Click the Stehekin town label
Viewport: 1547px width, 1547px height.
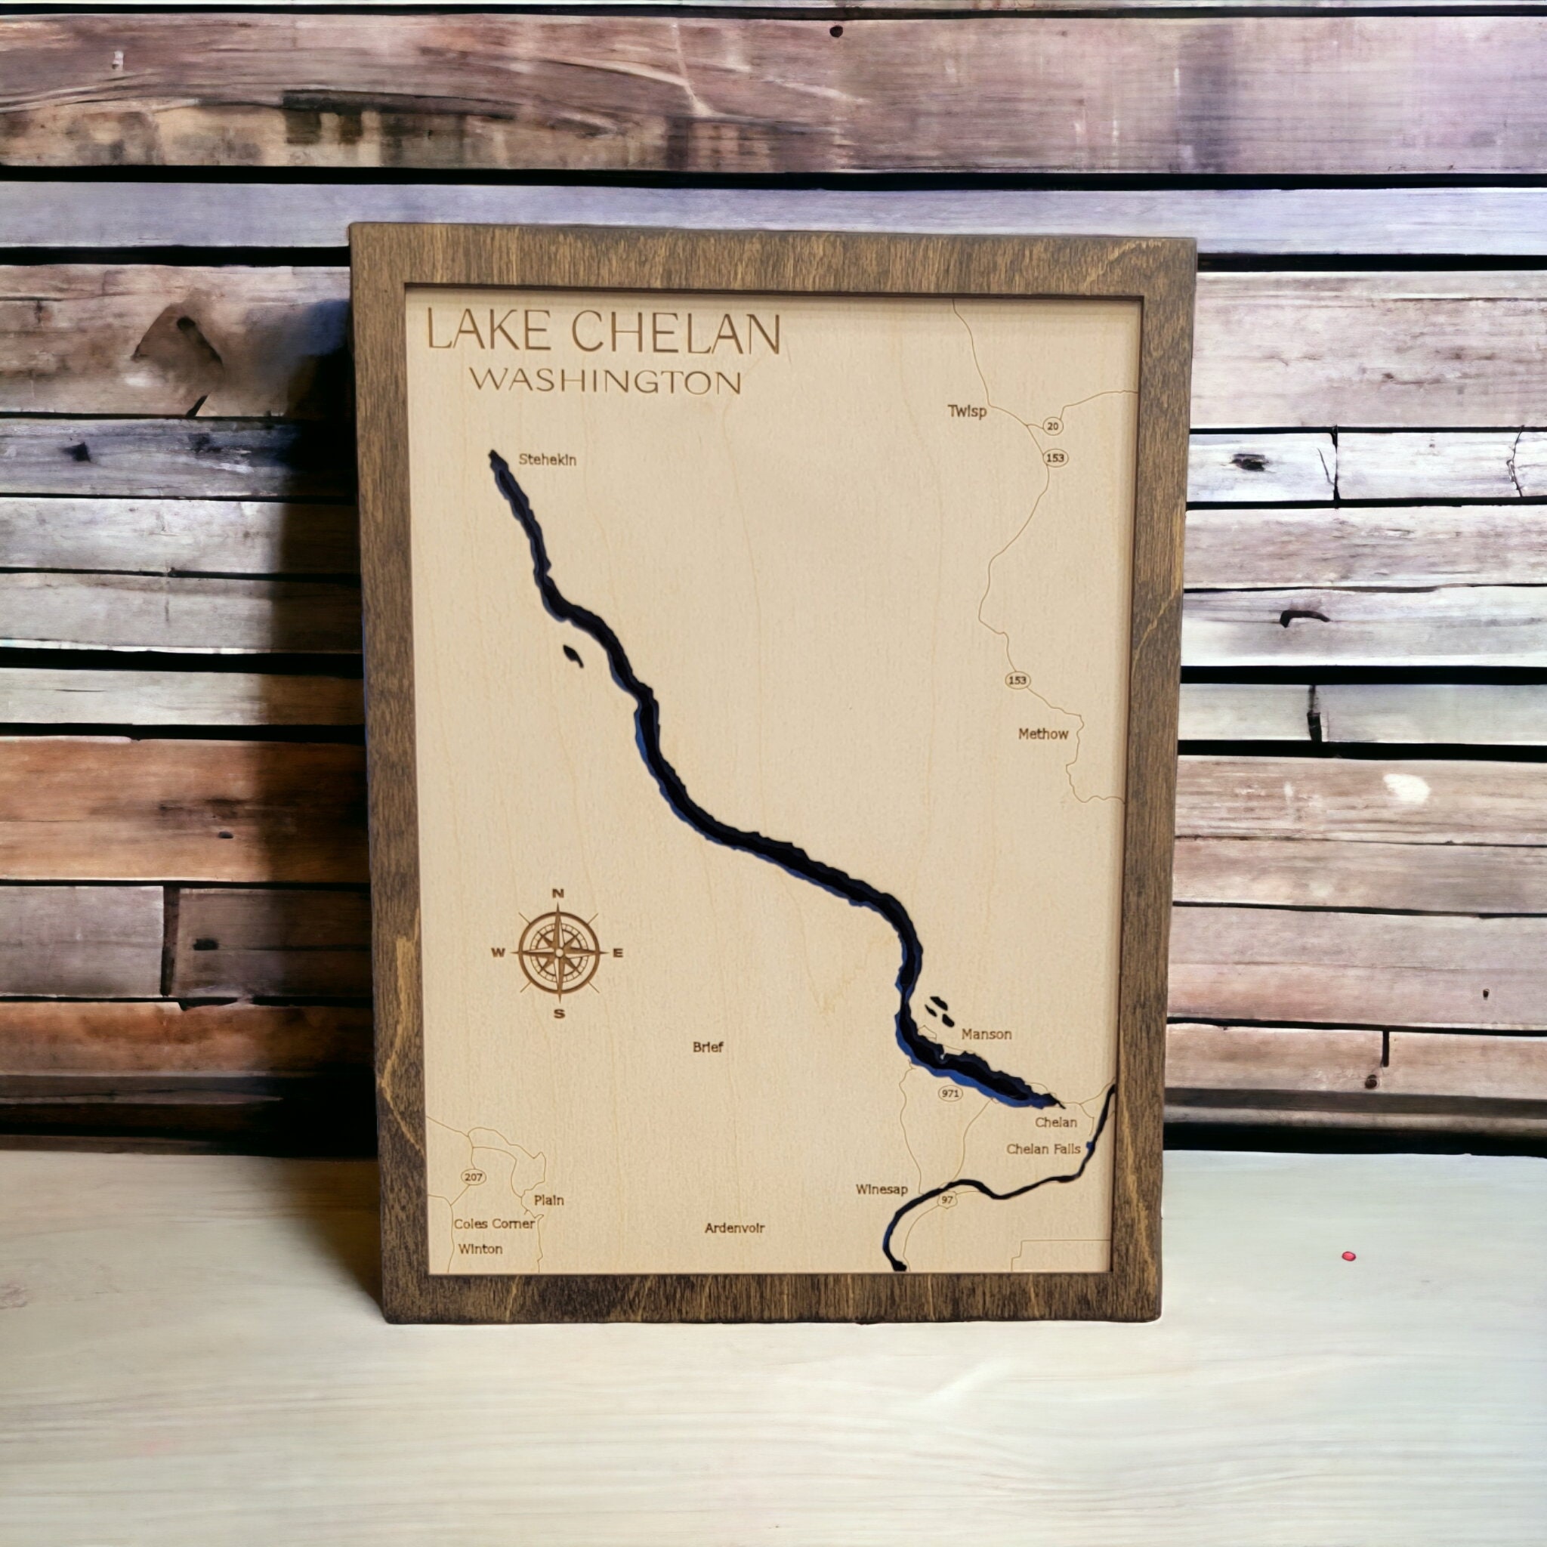coord(547,459)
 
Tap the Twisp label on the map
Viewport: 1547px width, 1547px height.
coord(968,412)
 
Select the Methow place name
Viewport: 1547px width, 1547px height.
coord(1042,734)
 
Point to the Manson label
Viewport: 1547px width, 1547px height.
coord(987,1035)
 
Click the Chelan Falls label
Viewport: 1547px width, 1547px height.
coord(1043,1149)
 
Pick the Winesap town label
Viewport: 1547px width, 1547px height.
coord(882,1189)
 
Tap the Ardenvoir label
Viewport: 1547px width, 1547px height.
coord(735,1227)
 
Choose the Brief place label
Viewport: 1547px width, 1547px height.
coord(708,1046)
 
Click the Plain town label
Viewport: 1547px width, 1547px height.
coord(548,1200)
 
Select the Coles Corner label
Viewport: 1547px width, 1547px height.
coord(494,1224)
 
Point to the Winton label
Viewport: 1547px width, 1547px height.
coord(480,1249)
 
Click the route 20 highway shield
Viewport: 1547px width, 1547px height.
coord(1053,427)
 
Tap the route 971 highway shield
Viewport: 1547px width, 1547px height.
coord(950,1094)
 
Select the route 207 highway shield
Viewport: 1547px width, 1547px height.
coord(473,1177)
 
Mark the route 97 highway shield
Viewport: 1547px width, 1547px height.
coord(948,1200)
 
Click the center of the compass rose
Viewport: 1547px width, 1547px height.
coord(559,953)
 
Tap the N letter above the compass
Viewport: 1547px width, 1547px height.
coord(559,894)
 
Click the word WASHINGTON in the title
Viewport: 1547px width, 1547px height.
coord(605,381)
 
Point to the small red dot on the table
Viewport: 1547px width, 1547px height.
coord(1349,1255)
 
